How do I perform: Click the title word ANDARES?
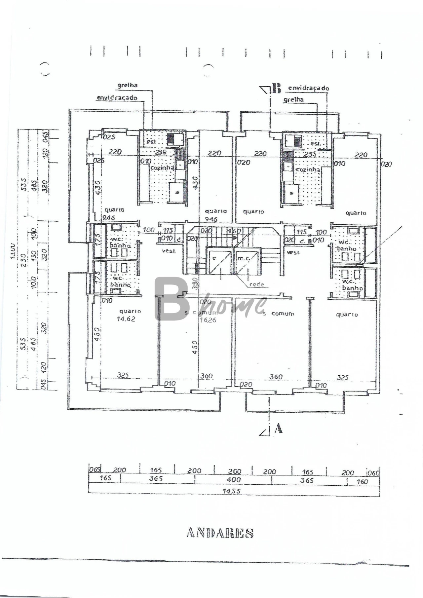(220, 533)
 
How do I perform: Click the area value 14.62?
(126, 319)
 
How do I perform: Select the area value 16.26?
(208, 319)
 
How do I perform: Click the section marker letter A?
(279, 429)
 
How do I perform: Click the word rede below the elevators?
(256, 284)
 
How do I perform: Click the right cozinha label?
(308, 169)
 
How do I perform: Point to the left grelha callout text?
(128, 85)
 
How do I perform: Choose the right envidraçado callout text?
(309, 88)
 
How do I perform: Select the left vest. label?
(169, 251)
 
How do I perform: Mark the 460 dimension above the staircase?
(234, 231)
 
